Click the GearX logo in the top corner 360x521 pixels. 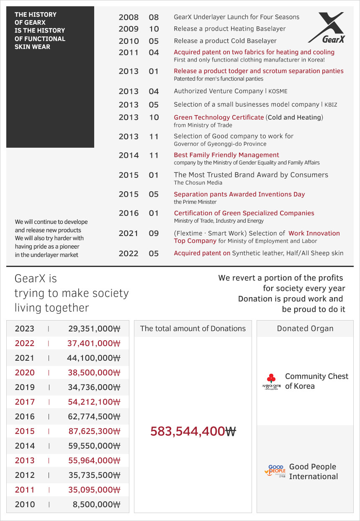click(327, 28)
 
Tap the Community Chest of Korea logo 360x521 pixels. click(271, 381)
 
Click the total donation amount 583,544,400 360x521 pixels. click(193, 431)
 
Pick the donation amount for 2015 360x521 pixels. click(94, 431)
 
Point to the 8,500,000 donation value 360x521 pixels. click(96, 504)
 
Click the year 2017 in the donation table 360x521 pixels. click(25, 402)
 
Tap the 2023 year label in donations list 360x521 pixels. click(25, 329)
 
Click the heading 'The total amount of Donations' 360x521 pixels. click(193, 329)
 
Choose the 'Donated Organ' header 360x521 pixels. click(305, 329)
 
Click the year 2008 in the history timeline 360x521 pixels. click(129, 17)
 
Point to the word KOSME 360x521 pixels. click(278, 91)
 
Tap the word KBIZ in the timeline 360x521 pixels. click(331, 105)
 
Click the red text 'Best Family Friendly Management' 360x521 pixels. click(226, 155)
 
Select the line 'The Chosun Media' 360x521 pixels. click(198, 182)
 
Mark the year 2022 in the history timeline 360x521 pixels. click(129, 253)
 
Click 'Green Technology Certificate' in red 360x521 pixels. click(219, 117)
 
